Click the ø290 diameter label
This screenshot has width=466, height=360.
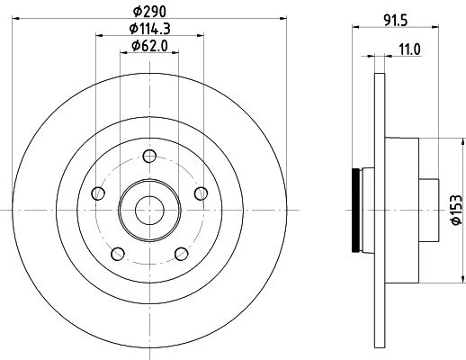pyautogui.click(x=149, y=12)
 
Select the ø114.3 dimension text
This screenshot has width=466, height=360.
pyautogui.click(x=149, y=29)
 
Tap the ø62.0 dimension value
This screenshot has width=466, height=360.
pyautogui.click(x=149, y=46)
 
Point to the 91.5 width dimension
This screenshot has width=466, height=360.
pyautogui.click(x=396, y=21)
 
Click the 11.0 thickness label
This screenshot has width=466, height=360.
pyautogui.click(x=409, y=49)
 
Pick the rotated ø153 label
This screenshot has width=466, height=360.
pyautogui.click(x=457, y=210)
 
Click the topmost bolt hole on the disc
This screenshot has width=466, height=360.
pyautogui.click(x=149, y=156)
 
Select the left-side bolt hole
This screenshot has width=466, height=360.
pyautogui.click(x=98, y=193)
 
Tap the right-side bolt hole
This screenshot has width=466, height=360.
pyautogui.click(x=201, y=193)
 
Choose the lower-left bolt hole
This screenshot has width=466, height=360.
pyautogui.click(x=118, y=254)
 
